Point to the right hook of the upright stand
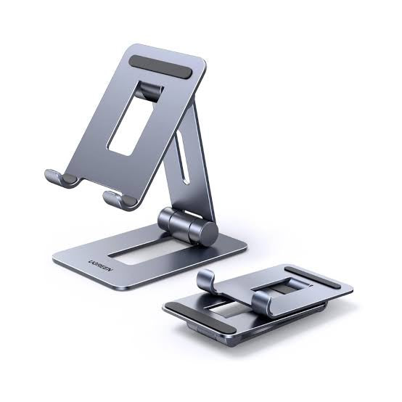117,198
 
